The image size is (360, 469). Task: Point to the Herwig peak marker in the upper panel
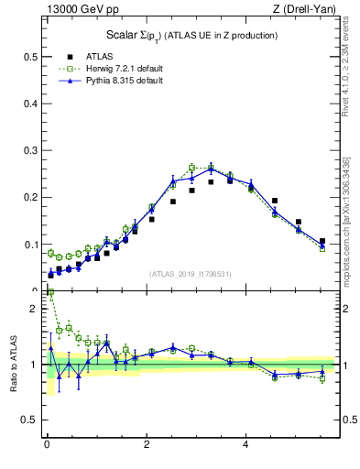click(191, 168)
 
